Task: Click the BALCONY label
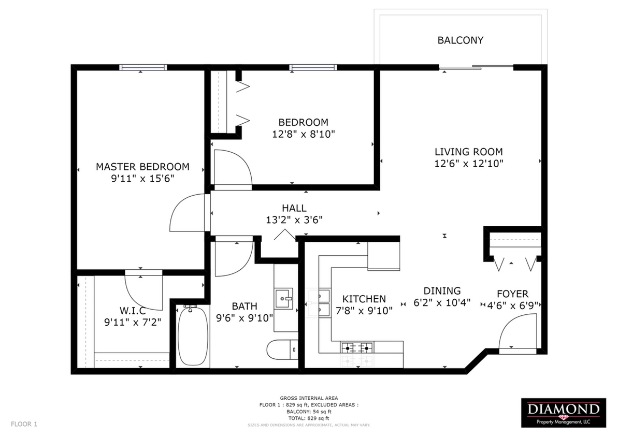pos(460,40)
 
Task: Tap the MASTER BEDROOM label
pos(142,167)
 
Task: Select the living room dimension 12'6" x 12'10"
pos(469,164)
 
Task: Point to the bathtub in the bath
pos(192,335)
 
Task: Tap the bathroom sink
pos(283,297)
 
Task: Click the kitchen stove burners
pos(356,347)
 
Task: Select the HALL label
pos(294,208)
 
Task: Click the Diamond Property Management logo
pos(564,413)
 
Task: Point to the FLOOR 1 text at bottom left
pos(24,424)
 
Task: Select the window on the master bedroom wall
pos(143,67)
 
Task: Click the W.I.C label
pos(132,310)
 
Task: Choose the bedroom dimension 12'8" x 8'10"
pos(303,135)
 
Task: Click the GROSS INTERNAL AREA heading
pos(309,398)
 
